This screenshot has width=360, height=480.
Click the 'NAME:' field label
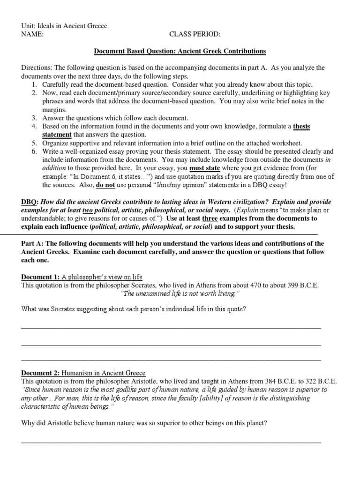(32, 34)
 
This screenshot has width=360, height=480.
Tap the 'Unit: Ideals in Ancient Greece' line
(64, 26)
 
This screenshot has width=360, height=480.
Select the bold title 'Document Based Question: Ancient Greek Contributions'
(180, 51)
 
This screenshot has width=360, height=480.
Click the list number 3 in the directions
(34, 118)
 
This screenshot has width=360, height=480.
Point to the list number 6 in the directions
(34, 151)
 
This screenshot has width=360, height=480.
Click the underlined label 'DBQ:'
(30, 202)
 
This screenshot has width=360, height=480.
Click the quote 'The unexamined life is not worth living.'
(180, 293)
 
